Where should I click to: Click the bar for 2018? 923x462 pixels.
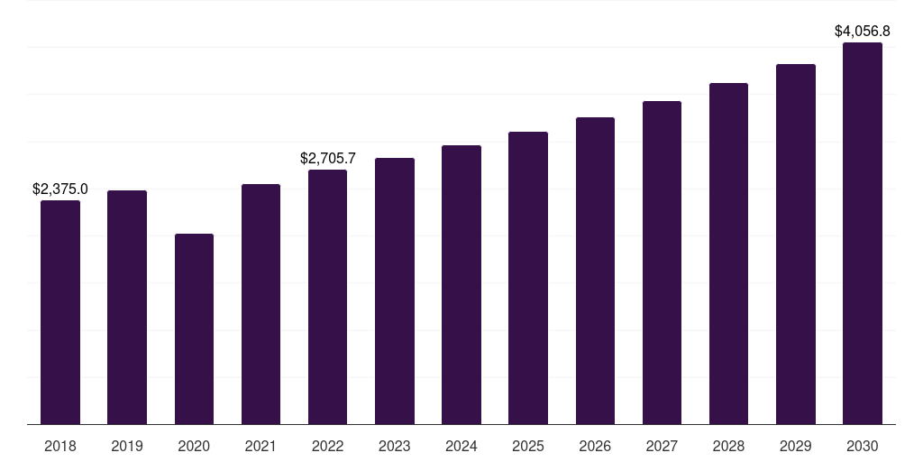click(x=60, y=312)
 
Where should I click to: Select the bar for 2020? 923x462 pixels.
click(x=195, y=328)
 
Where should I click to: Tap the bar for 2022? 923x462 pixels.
click(x=328, y=297)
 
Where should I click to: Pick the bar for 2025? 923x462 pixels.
click(x=528, y=278)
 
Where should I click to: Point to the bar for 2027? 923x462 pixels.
click(x=663, y=263)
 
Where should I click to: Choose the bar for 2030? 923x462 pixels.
click(x=863, y=234)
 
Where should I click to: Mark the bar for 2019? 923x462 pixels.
click(x=127, y=308)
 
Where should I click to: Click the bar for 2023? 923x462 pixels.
click(x=395, y=291)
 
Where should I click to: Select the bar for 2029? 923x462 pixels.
click(x=796, y=244)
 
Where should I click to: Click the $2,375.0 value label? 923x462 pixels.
click(x=60, y=189)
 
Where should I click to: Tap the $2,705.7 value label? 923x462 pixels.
click(x=328, y=159)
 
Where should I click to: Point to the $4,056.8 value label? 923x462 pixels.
click(x=863, y=32)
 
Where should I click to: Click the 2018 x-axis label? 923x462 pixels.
click(x=60, y=447)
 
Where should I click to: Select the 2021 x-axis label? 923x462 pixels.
click(x=260, y=447)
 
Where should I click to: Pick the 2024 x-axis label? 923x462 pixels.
click(x=461, y=447)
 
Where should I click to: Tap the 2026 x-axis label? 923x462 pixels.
click(x=595, y=447)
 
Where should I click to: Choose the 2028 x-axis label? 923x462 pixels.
click(x=728, y=447)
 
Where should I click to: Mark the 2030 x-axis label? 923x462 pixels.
click(x=863, y=447)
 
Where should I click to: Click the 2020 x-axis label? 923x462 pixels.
click(x=195, y=447)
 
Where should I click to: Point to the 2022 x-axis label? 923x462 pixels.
click(x=328, y=447)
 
